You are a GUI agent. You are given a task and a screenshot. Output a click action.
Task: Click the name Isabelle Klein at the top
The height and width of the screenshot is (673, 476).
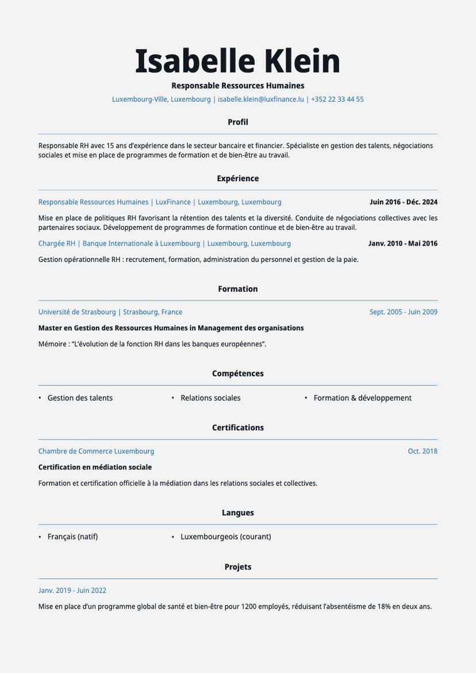pos(237,61)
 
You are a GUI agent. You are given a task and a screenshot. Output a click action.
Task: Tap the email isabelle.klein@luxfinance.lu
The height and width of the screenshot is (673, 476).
pos(260,99)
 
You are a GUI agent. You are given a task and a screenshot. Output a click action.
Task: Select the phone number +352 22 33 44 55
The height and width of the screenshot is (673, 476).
pos(337,99)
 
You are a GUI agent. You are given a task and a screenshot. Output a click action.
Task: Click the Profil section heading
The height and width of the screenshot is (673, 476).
pos(237,122)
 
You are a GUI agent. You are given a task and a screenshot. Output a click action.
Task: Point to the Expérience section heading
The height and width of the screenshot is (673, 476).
pos(237,178)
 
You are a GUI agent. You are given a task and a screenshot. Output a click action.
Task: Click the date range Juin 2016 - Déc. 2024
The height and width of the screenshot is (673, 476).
pos(403,202)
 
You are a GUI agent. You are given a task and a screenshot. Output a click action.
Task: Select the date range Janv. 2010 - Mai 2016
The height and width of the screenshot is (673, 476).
pos(402,243)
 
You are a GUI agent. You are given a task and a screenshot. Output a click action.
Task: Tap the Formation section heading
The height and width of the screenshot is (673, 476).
pos(237,289)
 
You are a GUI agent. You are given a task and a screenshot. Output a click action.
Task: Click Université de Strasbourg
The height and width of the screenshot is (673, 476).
pos(77,312)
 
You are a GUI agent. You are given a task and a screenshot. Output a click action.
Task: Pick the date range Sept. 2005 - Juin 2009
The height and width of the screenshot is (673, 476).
pos(403,312)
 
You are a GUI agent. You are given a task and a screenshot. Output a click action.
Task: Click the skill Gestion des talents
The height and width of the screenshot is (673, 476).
pos(80,397)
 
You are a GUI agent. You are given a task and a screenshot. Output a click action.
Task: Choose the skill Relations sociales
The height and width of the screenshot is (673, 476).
pos(210,397)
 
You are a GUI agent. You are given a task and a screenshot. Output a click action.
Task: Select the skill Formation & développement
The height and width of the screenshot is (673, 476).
pos(362,397)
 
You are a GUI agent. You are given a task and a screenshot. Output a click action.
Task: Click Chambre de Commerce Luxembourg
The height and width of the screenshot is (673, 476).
pos(96,451)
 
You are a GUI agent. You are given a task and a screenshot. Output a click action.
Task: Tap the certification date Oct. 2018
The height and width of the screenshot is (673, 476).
pos(423,451)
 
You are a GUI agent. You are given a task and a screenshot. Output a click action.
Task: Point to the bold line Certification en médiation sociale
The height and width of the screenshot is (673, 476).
pos(95,467)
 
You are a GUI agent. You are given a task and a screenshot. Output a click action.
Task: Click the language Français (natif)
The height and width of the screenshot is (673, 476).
pos(72,537)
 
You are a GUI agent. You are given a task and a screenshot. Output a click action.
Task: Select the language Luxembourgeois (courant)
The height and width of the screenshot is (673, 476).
pos(225,537)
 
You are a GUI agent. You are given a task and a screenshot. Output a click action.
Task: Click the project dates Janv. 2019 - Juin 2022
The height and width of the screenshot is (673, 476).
pos(72,590)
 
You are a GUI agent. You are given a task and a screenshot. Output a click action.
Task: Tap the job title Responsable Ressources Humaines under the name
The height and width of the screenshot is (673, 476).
pos(237,86)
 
